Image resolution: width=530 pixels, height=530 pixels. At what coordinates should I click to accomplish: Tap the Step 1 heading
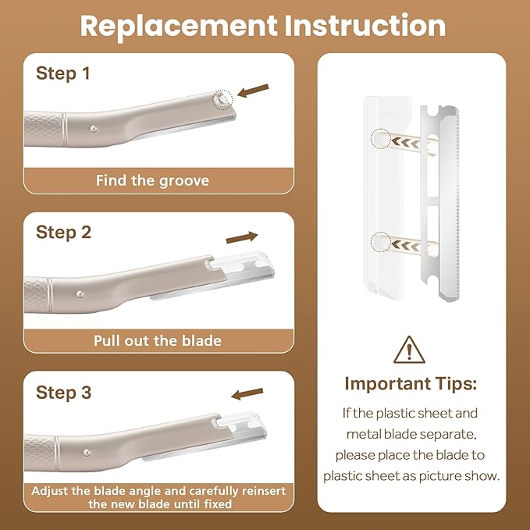point(63,73)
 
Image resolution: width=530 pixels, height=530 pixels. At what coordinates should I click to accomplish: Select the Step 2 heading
point(63,232)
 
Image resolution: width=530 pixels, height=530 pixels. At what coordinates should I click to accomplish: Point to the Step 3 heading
point(63,392)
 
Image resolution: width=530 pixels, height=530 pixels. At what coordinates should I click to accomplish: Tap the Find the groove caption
point(153,180)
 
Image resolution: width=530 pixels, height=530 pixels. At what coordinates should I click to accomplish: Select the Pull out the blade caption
point(158,340)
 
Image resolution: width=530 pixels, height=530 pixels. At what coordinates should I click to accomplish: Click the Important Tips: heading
point(411,384)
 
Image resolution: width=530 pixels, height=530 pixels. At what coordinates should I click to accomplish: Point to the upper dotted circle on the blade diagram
point(382,139)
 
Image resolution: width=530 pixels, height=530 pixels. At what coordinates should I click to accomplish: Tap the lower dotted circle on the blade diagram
point(382,243)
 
